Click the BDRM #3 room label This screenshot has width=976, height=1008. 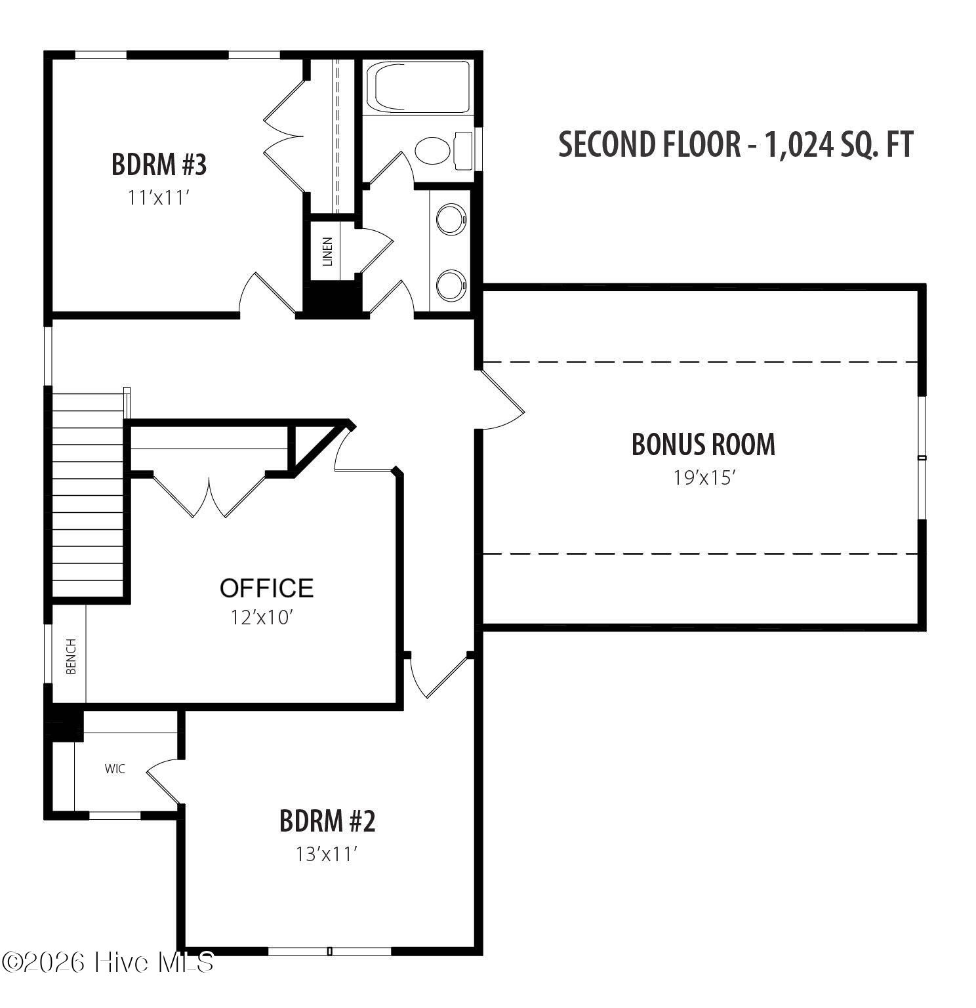159,165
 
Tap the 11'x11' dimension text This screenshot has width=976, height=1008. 159,197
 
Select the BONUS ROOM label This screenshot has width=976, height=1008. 703,445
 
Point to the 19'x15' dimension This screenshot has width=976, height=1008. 703,477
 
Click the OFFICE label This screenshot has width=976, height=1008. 266,588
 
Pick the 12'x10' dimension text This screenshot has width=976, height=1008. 260,617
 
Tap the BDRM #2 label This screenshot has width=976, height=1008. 327,821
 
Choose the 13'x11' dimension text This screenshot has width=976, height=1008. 327,854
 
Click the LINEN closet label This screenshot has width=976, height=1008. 327,251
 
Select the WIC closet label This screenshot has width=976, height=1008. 115,769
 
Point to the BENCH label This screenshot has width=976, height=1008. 71,656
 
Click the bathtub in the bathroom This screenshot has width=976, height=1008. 418,87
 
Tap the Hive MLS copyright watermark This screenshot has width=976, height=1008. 108,962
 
